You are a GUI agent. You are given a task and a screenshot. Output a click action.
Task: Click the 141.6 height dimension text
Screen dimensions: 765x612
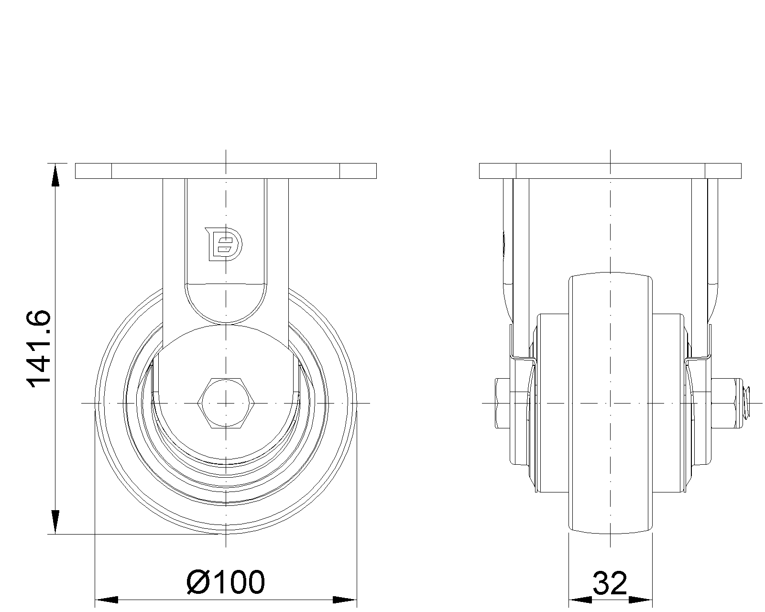[x=39, y=349]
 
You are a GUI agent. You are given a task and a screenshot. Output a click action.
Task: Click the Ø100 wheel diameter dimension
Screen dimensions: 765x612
[x=226, y=582]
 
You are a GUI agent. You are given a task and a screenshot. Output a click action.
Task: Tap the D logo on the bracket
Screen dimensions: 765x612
[x=224, y=244]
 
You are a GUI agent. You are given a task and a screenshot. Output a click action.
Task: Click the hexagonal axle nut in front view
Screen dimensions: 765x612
[x=226, y=403]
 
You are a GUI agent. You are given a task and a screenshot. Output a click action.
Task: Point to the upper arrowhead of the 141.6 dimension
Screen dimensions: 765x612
[x=55, y=175]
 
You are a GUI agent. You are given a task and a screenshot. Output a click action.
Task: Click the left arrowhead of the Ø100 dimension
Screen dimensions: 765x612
[x=107, y=600]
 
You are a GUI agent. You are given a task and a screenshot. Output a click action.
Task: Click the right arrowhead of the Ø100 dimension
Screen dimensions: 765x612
[x=345, y=600]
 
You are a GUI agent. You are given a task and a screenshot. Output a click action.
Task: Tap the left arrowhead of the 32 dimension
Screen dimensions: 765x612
[x=580, y=600]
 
